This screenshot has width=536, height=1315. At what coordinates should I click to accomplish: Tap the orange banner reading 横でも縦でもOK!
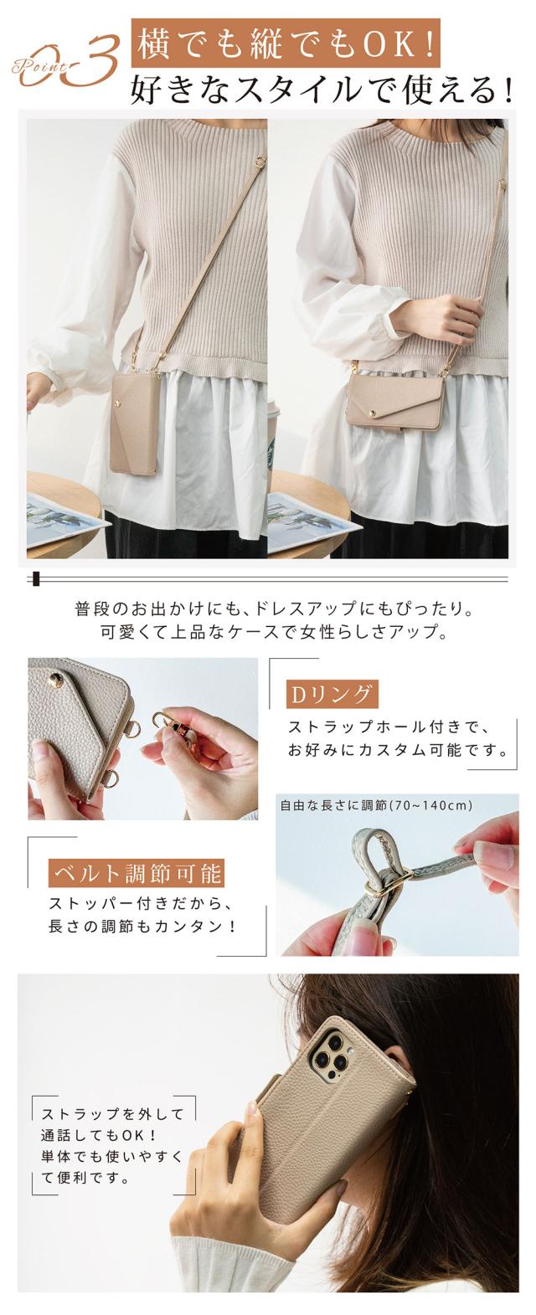(x=285, y=44)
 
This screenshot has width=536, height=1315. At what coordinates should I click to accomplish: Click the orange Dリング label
(x=332, y=694)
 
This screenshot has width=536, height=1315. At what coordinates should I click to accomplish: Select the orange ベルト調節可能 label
(x=137, y=873)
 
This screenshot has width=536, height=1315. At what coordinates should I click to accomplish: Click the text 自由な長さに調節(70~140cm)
(x=376, y=805)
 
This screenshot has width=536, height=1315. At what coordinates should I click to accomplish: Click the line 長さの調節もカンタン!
(x=142, y=927)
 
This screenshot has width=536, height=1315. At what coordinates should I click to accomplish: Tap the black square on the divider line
(x=38, y=579)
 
